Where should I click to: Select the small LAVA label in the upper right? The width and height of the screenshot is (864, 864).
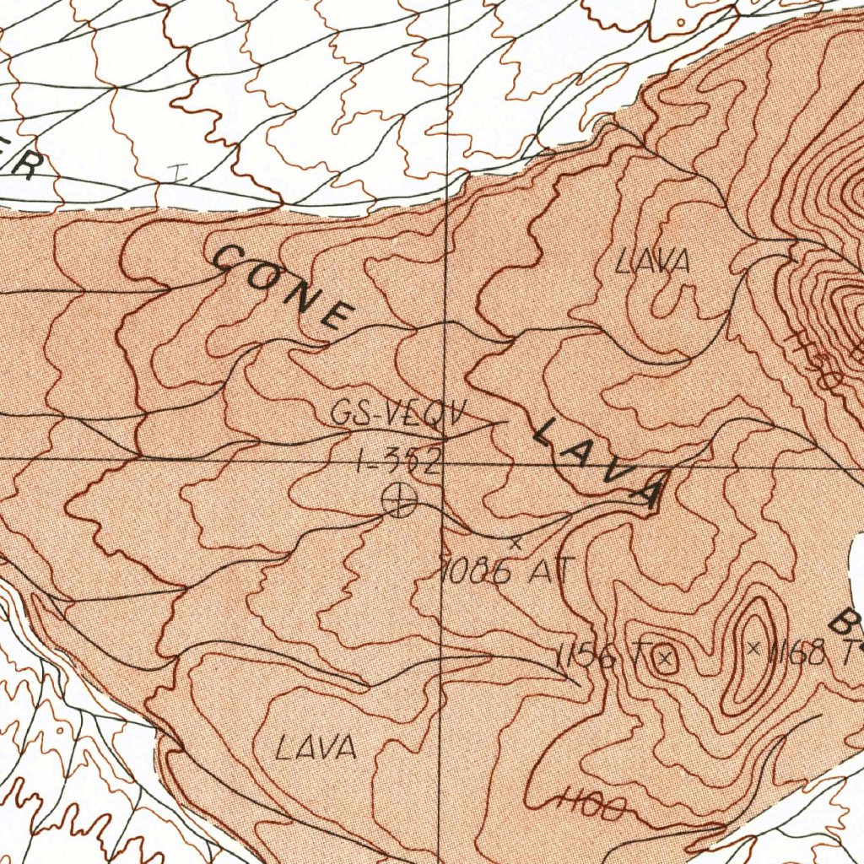(x=652, y=262)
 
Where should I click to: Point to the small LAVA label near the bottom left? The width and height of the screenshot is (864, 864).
(x=316, y=747)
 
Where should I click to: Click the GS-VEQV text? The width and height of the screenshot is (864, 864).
(x=397, y=414)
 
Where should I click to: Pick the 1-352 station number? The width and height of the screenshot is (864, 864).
(x=399, y=461)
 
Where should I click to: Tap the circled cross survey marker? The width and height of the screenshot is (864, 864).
(x=398, y=500)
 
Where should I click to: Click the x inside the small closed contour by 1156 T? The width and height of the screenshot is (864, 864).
(x=665, y=660)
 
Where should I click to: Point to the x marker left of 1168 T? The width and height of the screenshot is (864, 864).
(x=754, y=648)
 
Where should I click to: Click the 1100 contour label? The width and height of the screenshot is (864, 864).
(x=592, y=806)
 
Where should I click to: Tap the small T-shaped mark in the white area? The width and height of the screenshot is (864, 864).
(x=177, y=172)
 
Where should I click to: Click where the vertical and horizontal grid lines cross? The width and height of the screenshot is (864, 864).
(x=445, y=461)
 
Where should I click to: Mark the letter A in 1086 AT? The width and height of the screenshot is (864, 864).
(x=540, y=571)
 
